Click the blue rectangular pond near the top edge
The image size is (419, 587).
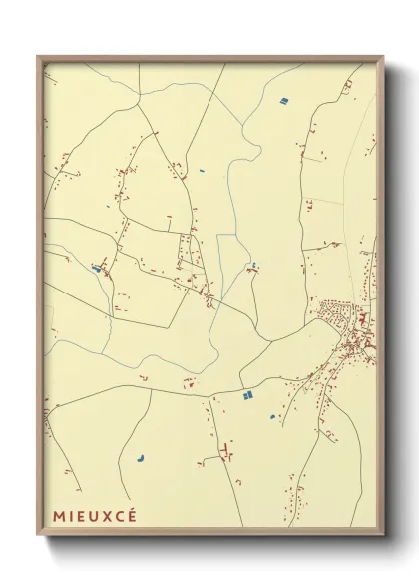(283, 101)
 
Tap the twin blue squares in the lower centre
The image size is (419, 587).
(247, 396)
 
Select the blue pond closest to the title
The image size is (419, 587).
(141, 460)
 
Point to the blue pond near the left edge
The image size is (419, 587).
(96, 268)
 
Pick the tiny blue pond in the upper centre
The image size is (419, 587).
(202, 171)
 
